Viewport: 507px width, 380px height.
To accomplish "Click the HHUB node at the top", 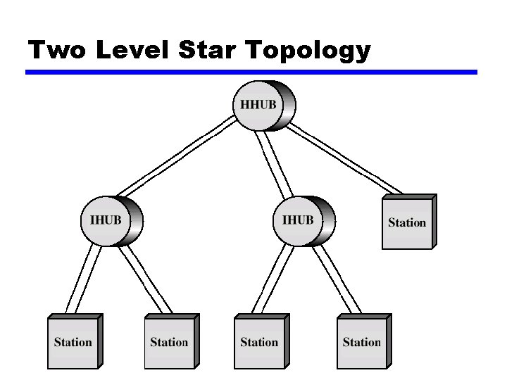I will click(x=259, y=106).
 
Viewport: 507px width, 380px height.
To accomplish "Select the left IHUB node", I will click(x=106, y=221).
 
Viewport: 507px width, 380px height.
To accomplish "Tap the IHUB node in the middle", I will click(x=298, y=221).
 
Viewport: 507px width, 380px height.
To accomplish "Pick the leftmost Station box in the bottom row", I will click(x=73, y=343).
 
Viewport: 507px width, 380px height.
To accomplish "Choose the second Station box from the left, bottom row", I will click(x=169, y=343).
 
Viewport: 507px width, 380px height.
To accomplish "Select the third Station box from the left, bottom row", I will click(x=259, y=343).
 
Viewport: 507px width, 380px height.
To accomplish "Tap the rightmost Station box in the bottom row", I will click(x=361, y=343).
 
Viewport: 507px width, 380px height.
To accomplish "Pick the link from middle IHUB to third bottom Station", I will click(x=271, y=280).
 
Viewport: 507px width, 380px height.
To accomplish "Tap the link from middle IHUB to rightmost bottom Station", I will click(x=337, y=280).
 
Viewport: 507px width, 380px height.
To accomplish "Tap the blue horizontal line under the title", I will click(x=251, y=72).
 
